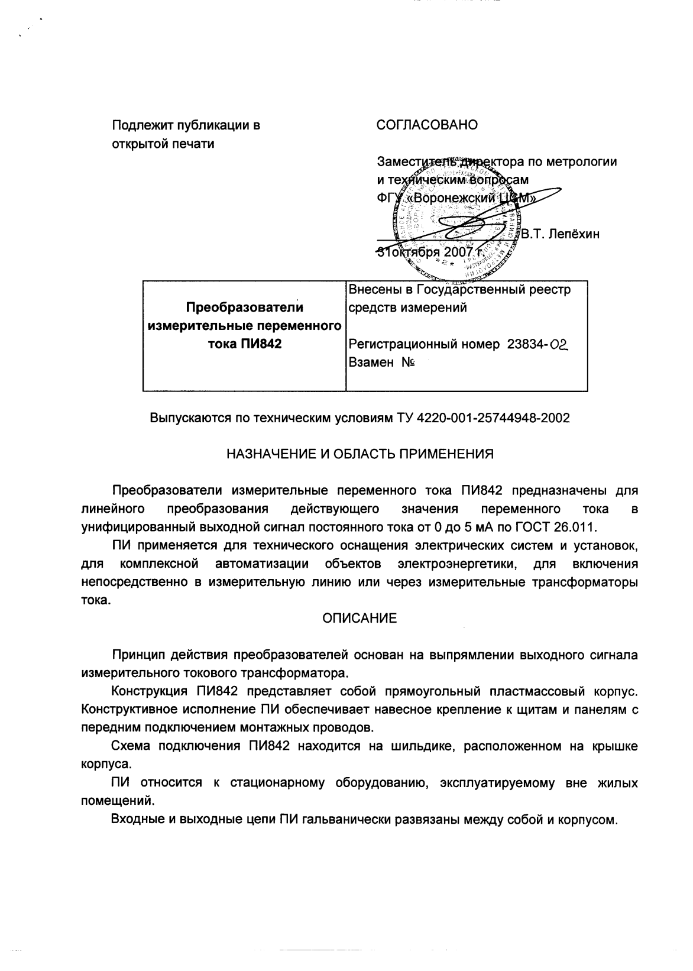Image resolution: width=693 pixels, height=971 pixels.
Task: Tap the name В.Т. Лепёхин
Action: click(x=560, y=234)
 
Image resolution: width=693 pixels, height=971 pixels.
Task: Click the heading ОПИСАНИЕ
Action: click(x=360, y=619)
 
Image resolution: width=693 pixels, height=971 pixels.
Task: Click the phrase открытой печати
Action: click(x=164, y=144)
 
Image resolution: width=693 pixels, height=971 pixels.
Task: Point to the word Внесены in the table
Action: click(x=374, y=290)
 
